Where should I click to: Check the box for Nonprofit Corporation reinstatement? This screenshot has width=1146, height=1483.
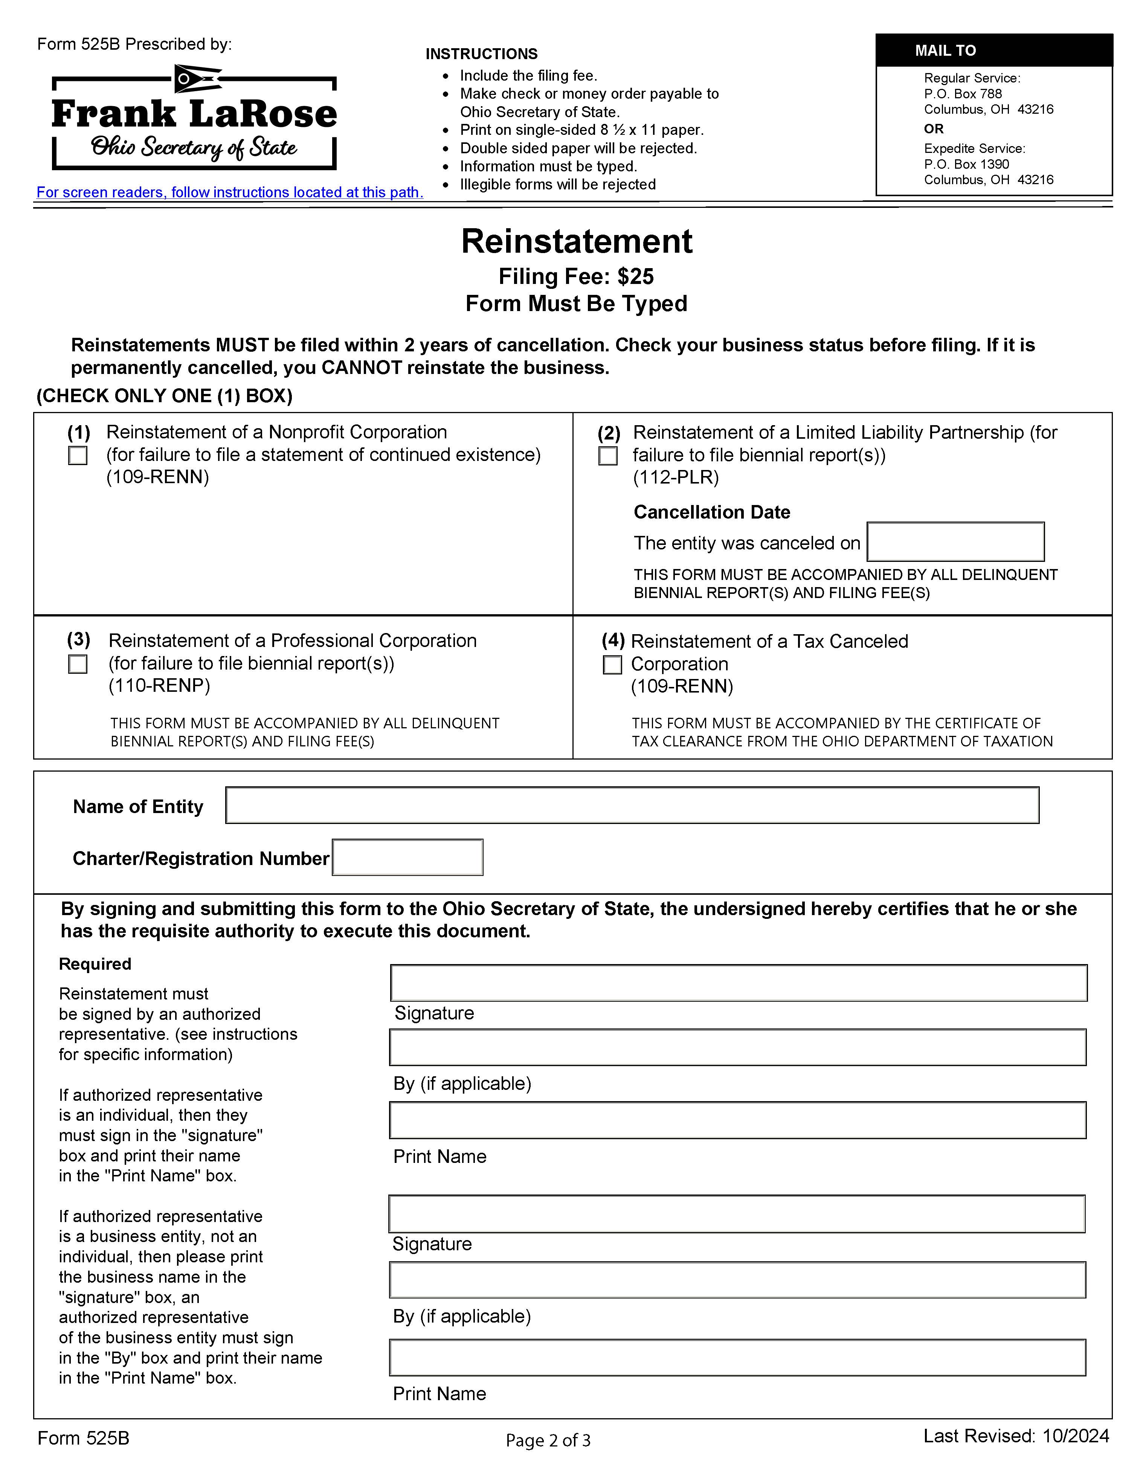tap(78, 456)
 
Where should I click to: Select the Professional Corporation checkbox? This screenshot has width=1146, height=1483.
tap(78, 664)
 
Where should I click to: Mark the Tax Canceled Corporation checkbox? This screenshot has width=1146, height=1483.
tap(612, 665)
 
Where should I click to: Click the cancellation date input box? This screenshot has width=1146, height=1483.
tap(955, 542)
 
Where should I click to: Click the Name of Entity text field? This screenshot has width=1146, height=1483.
tap(632, 805)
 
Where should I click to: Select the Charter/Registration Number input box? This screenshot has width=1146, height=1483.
tap(407, 857)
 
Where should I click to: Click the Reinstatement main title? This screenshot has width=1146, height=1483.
tap(577, 242)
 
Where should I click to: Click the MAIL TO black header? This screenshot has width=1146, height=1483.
tap(994, 50)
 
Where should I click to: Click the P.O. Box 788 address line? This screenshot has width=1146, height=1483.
tap(963, 94)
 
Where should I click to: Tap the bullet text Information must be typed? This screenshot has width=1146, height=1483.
tap(548, 166)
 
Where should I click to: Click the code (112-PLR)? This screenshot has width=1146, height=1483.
tap(676, 478)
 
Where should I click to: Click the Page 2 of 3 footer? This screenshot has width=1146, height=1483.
tap(548, 1440)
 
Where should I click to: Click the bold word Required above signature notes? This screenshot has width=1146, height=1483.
tap(95, 964)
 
